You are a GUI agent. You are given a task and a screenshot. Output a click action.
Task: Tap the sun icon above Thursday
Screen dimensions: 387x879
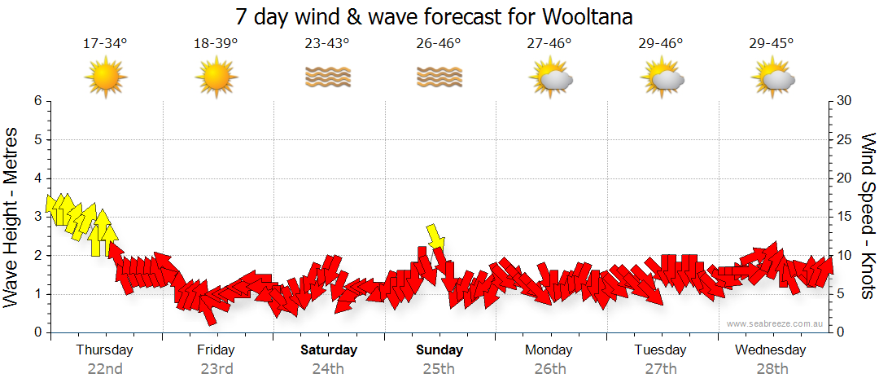(106, 78)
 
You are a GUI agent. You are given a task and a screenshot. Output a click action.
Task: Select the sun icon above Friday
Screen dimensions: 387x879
(216, 78)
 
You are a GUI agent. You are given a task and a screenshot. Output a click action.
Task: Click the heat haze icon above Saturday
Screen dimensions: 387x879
(327, 77)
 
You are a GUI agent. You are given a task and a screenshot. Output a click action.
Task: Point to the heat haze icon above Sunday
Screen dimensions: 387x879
(439, 77)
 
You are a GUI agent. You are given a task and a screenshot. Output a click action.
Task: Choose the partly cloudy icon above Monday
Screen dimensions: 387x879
(551, 78)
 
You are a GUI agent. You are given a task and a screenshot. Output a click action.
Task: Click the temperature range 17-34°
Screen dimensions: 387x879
(106, 43)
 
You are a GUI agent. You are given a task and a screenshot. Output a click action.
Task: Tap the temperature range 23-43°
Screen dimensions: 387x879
(327, 43)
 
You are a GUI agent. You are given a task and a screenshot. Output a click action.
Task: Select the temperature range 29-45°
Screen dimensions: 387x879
(772, 43)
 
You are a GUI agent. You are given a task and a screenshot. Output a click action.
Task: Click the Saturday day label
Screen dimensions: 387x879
(329, 350)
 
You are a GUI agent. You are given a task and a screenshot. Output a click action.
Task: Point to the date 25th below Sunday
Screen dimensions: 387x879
(439, 368)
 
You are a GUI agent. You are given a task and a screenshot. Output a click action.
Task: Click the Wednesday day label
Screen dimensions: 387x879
(771, 350)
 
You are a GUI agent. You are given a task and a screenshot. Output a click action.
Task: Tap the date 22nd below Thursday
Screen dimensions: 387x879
(105, 368)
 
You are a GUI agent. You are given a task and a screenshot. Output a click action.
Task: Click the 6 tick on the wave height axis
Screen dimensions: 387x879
(37, 101)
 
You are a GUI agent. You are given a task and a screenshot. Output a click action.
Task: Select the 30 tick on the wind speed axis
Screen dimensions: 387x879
(843, 101)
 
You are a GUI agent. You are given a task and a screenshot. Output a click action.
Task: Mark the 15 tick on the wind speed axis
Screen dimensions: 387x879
(843, 217)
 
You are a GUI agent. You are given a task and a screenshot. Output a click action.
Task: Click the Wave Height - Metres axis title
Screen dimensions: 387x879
(12, 217)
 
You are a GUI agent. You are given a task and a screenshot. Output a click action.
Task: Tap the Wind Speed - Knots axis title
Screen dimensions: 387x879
(868, 217)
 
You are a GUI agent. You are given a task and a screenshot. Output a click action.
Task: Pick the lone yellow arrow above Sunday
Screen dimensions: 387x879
(436, 237)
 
